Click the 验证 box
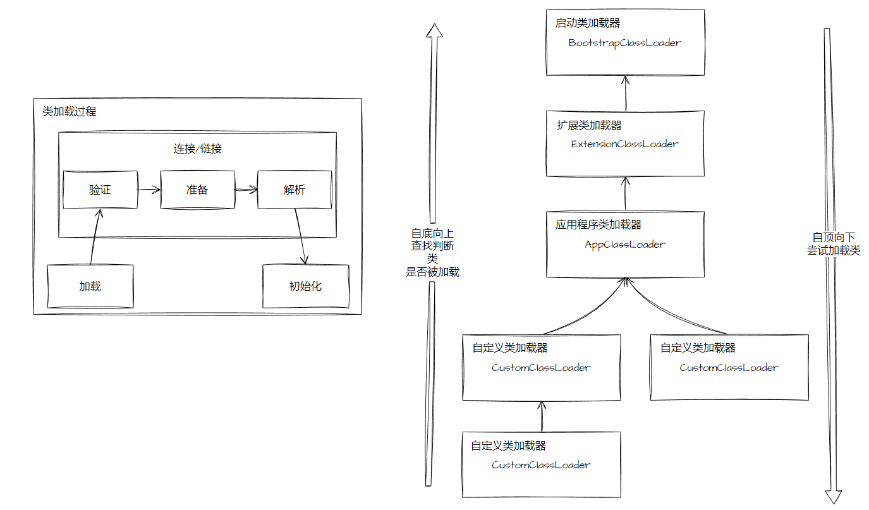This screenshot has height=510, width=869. pos(100,190)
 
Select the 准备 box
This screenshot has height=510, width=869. pos(197,190)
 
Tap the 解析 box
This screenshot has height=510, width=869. pos(295,190)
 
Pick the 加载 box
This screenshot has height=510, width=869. pos(90,286)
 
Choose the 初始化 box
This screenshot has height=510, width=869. pos(305,286)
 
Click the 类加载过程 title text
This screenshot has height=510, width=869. pos(70,112)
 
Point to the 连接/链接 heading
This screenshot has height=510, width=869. pos(197,149)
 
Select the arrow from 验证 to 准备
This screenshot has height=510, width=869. pos(149,189)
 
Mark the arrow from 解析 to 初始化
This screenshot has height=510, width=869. pos(301,236)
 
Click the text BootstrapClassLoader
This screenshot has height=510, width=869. pos(624,44)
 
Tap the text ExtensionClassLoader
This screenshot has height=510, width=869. pos(624,144)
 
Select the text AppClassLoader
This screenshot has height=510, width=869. pos(624,245)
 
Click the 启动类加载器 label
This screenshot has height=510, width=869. pos(588,23)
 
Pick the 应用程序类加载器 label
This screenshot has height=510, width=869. pos(599,225)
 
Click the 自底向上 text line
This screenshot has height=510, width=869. pos(432,233)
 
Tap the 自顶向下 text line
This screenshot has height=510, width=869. pos(834,238)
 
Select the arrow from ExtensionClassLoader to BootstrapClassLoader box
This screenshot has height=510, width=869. pos(625,93)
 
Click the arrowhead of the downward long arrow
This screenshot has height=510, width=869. pos(834,497)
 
